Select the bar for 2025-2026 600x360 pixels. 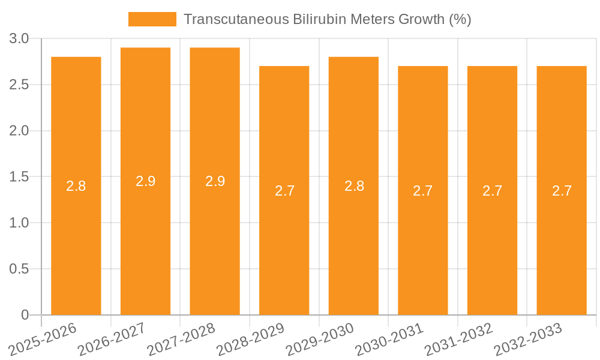point(76,240)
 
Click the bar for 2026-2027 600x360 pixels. point(145,240)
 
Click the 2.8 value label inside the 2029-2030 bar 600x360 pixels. point(354,186)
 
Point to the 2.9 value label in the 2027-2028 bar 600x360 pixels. point(215,181)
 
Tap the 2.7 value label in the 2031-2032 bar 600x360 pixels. point(492,191)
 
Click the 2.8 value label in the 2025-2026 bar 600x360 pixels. point(76,186)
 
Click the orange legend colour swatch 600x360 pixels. point(152,19)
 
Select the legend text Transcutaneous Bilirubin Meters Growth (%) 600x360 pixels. point(327,19)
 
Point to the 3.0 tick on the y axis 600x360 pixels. point(19,39)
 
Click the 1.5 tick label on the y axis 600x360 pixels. point(19,177)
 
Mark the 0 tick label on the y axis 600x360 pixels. point(25,315)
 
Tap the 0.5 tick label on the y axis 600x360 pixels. point(19,269)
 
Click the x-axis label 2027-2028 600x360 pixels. point(181,340)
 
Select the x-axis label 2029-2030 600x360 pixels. point(320,340)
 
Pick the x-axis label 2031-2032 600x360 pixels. point(458,340)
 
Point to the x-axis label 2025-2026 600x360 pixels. point(43,340)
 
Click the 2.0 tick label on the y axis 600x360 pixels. point(19,131)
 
